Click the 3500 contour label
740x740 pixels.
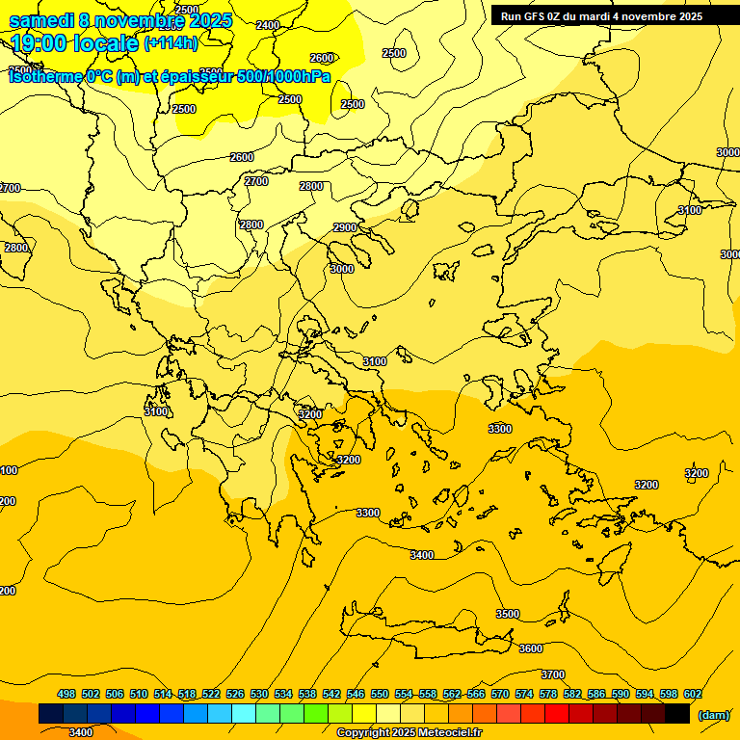(x=507, y=614)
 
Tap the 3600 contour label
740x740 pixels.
(x=530, y=648)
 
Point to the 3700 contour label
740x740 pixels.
(x=553, y=674)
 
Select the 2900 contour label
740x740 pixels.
(x=344, y=227)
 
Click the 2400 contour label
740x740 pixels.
(x=269, y=25)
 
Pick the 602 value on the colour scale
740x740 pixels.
(x=693, y=694)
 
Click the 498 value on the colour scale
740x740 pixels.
(x=66, y=694)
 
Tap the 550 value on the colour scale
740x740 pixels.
(x=380, y=694)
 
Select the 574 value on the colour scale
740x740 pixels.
(x=524, y=694)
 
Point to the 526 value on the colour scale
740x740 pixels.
(x=235, y=694)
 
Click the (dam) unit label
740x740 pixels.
(x=713, y=714)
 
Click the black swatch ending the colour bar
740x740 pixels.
(x=677, y=714)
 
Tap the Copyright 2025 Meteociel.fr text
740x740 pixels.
(x=409, y=733)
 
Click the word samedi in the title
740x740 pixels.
(x=40, y=20)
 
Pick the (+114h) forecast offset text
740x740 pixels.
(x=171, y=43)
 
